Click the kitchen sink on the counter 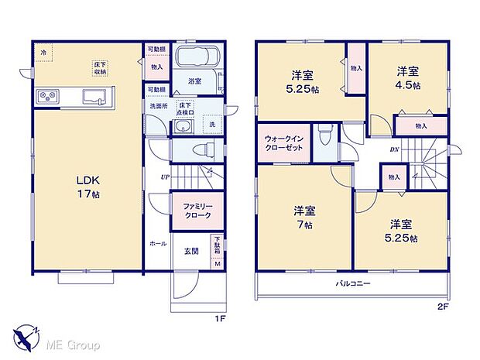coord(93,97)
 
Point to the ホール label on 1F coord(157,243)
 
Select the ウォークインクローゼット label coord(281,142)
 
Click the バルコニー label coord(354,284)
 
